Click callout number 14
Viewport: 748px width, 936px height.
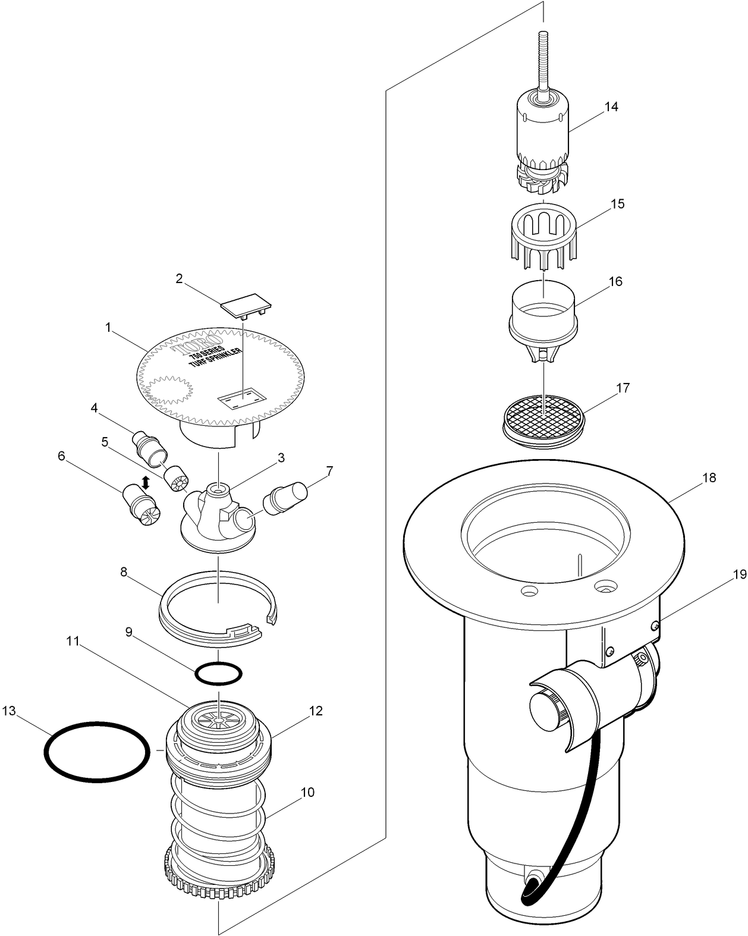(x=611, y=107)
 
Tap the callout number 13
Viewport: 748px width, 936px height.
(x=8, y=711)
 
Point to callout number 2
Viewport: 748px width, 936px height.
(x=179, y=278)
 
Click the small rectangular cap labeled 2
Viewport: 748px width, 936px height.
(x=246, y=306)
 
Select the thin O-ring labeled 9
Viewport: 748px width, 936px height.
(x=218, y=674)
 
